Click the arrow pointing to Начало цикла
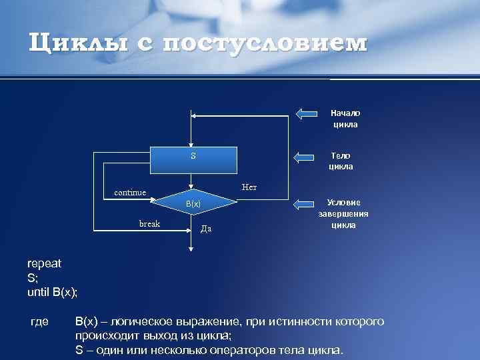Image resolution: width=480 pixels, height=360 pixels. (x=307, y=113)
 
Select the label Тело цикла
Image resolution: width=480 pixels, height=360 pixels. (x=341, y=161)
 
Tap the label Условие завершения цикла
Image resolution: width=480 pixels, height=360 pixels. (x=344, y=213)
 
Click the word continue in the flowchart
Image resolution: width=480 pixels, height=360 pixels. (x=130, y=193)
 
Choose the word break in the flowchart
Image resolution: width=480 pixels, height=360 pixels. (x=149, y=223)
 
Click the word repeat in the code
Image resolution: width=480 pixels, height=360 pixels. (x=44, y=263)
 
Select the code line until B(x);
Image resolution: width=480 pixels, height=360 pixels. (x=53, y=291)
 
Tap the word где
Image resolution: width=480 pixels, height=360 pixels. (x=40, y=322)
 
